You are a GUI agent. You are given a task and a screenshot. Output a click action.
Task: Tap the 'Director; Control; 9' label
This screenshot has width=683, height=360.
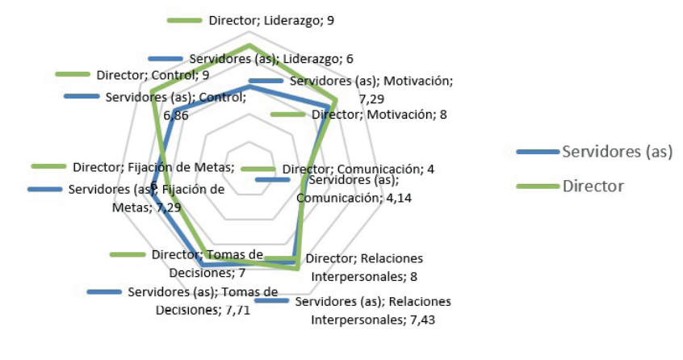point(153,75)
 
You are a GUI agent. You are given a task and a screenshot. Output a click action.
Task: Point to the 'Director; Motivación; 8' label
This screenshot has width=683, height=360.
point(379,115)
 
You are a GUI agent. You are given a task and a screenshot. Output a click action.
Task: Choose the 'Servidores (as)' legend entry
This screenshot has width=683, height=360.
point(618,152)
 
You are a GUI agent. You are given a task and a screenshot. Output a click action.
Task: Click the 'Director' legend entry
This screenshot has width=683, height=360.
point(593,186)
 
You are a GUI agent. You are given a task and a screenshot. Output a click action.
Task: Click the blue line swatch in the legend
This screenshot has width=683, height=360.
point(537,152)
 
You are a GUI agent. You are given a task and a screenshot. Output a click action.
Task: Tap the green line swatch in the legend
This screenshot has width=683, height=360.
point(537,186)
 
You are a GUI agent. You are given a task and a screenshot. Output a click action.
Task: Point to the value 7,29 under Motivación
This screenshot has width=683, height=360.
point(372,98)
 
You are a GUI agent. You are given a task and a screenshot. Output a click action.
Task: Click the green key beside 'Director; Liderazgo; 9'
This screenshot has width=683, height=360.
point(185,20)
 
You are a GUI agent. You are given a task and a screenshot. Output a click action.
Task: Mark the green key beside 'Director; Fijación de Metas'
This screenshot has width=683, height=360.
point(48,166)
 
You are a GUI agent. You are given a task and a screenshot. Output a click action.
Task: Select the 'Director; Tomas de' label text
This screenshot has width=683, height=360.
point(207,254)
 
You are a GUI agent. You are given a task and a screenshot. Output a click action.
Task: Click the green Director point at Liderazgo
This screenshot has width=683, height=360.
point(249,44)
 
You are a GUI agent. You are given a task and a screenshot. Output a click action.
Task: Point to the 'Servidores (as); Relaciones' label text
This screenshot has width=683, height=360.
point(373,302)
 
